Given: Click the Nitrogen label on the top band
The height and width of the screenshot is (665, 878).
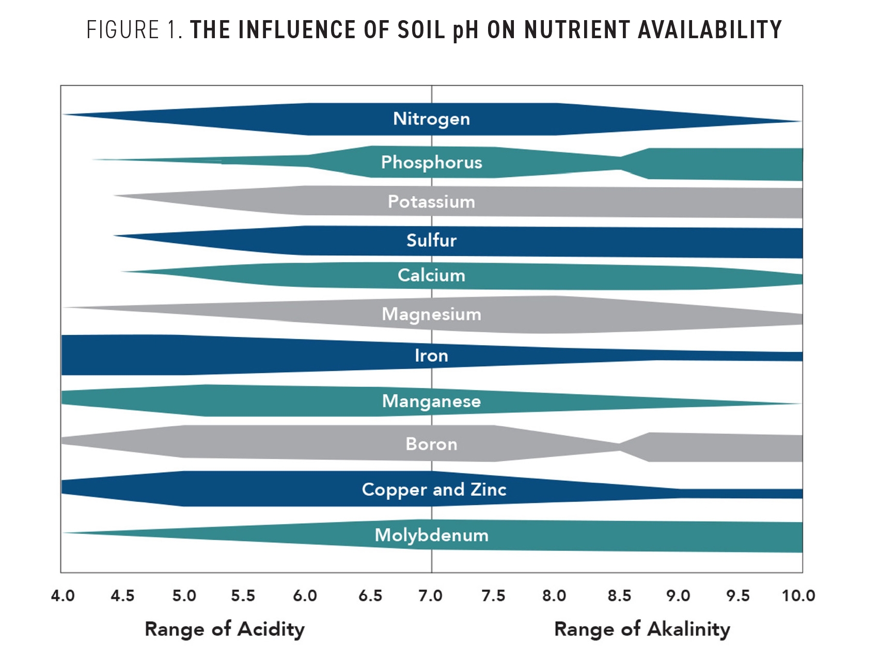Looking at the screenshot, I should [x=431, y=119].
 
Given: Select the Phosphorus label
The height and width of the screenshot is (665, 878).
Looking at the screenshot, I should [x=431, y=163].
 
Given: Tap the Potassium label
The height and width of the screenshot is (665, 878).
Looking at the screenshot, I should [x=431, y=202].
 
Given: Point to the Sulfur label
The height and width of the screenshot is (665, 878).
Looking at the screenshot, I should [x=431, y=240].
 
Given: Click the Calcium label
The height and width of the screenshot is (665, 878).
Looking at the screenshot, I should [x=431, y=275].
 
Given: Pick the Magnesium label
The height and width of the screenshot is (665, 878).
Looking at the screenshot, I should [x=431, y=314].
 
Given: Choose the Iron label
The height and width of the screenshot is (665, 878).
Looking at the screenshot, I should [x=431, y=355].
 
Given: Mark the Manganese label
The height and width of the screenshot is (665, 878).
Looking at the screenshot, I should [x=431, y=401].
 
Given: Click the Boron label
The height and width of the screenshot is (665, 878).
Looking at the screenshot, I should [x=431, y=444].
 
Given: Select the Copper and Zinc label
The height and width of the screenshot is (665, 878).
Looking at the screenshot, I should [x=434, y=490].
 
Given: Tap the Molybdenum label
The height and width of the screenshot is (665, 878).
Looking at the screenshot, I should [x=431, y=536].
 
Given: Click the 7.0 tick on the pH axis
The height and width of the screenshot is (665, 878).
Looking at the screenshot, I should [x=430, y=596].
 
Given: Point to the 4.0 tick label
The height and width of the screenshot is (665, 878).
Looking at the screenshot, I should [x=62, y=596].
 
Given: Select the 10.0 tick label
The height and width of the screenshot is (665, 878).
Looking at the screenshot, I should [x=798, y=596].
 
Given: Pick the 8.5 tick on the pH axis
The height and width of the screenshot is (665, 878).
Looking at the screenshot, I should [x=619, y=596].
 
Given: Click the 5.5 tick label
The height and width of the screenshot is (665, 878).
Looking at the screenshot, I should [x=243, y=596].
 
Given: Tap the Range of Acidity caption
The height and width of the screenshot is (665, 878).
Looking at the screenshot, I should [x=225, y=629].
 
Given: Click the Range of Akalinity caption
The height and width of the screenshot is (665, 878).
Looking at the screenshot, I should [x=642, y=629].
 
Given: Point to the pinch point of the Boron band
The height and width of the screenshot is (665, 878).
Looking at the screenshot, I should [x=619, y=447].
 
